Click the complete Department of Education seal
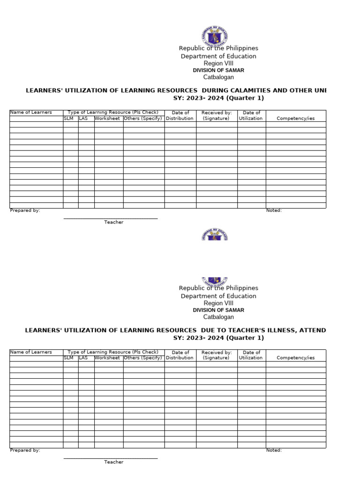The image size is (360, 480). (214, 36)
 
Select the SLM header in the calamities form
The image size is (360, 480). (69, 119)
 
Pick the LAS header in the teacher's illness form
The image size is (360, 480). (83, 358)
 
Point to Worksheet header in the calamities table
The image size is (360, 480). (107, 119)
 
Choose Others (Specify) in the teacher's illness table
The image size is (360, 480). (143, 358)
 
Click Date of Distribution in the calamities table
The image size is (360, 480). (180, 116)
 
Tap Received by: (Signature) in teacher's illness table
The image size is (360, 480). (216, 355)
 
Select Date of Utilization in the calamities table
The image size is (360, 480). (251, 116)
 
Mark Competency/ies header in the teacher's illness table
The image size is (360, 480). (295, 358)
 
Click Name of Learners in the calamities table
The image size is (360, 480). (31, 112)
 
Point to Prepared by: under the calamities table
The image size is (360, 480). (25, 210)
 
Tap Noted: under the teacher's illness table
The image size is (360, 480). (274, 450)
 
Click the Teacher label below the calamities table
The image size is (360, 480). (113, 222)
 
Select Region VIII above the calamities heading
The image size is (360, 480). (218, 64)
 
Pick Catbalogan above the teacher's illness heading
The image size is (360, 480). (218, 317)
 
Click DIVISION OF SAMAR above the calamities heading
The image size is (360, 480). (218, 70)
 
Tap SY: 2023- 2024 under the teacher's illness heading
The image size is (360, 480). (218, 338)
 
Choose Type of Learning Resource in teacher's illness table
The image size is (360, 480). (113, 352)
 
